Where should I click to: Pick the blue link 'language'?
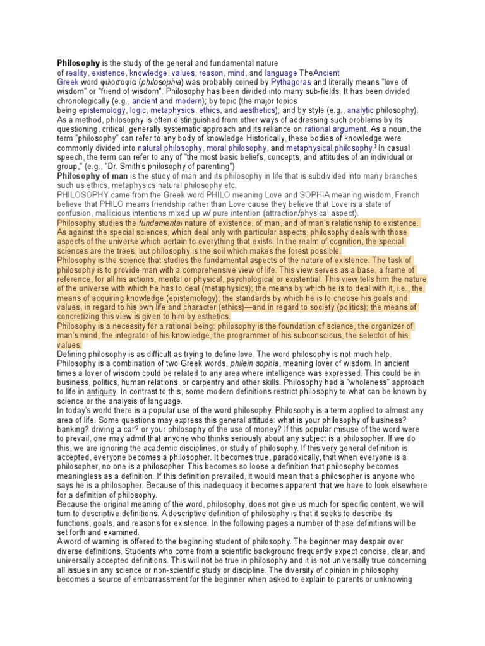280,73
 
